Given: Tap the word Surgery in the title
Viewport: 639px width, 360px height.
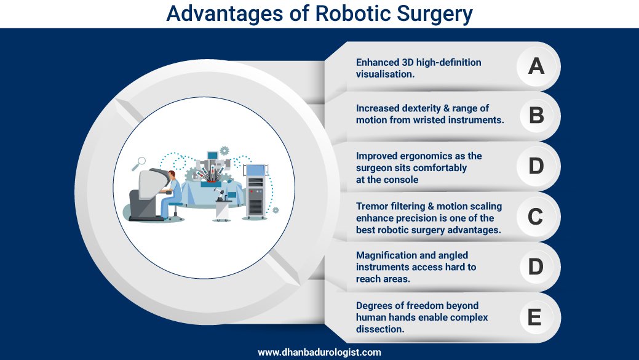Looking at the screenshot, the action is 435,15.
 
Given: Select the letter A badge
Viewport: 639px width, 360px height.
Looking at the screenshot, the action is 536,66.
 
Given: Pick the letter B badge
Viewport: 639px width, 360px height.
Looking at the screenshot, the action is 536,115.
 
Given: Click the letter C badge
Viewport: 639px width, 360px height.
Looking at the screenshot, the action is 536,217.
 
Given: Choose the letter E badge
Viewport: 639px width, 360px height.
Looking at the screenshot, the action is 534,317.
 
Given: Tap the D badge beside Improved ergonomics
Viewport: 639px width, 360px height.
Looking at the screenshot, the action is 536,166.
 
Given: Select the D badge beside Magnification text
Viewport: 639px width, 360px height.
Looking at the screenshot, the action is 536,266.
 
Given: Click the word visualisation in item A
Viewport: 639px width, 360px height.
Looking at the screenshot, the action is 385,74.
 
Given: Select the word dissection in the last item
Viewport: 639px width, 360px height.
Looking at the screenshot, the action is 380,329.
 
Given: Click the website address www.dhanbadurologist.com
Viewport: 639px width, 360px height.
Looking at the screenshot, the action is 320,352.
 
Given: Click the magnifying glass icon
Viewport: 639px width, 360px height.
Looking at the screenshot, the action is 138,164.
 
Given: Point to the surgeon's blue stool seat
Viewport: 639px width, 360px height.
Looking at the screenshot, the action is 176,204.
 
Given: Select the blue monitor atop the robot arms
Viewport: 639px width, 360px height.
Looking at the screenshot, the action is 212,155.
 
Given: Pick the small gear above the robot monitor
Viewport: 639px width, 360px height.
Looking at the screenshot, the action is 224,150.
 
